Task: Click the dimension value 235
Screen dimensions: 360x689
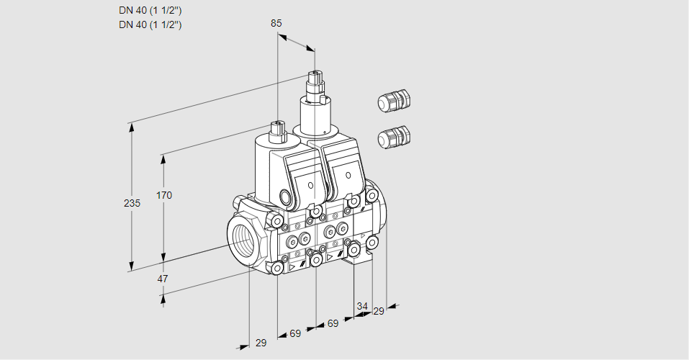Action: [x=132, y=204]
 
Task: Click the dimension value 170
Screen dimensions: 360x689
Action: [x=165, y=195]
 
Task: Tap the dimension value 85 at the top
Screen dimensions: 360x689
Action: [x=276, y=23]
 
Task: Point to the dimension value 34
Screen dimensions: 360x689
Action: [x=362, y=306]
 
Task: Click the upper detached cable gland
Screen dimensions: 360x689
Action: [x=393, y=102]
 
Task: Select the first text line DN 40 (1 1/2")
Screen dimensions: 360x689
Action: [x=150, y=11]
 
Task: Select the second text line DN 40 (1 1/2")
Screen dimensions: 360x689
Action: [x=150, y=24]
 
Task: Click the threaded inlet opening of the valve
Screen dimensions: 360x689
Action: [x=241, y=238]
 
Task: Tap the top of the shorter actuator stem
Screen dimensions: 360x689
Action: [x=276, y=125]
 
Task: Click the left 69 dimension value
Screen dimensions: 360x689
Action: [x=295, y=333]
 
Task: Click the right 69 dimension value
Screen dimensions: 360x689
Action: [x=333, y=323]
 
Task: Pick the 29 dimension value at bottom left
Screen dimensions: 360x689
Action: [x=261, y=343]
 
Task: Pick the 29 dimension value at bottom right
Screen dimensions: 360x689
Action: [x=379, y=310]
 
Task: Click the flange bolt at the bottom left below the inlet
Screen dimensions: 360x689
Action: [x=277, y=268]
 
